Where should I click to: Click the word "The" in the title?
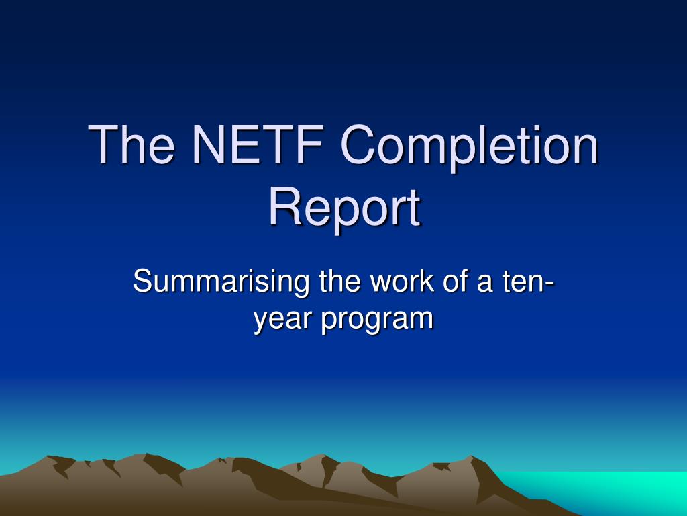[x=132, y=145]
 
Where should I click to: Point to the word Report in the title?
[x=343, y=208]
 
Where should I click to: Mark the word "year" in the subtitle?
[x=281, y=317]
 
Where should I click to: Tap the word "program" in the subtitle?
[x=377, y=318]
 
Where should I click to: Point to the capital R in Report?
[x=284, y=208]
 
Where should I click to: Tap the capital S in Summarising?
[x=143, y=280]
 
